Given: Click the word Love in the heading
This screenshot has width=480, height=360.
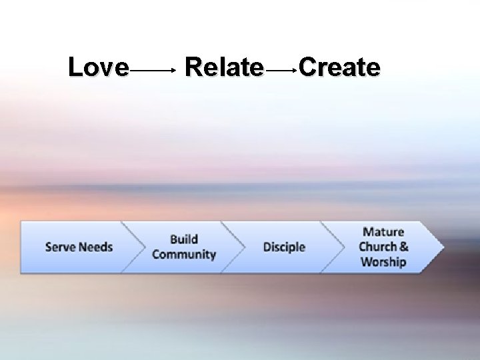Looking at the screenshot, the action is tap(99, 67).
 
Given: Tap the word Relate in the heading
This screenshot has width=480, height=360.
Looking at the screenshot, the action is tap(223, 67).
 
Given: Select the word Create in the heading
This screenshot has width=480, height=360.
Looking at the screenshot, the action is tap(339, 67).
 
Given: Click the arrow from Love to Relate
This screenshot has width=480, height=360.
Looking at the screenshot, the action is tap(153, 69).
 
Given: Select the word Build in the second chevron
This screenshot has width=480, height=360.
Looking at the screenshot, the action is tap(184, 239).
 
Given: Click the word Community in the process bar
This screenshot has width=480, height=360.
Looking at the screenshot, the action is tap(184, 255).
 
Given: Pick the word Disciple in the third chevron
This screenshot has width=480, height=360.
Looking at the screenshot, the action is tap(284, 247).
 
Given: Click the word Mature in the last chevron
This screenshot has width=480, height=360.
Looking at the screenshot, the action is tap(383, 232).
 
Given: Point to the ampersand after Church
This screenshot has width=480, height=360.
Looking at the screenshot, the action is tap(404, 247).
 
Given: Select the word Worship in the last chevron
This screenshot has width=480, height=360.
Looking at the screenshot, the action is tap(383, 262).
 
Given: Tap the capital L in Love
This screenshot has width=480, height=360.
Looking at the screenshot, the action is tap(75, 67).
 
